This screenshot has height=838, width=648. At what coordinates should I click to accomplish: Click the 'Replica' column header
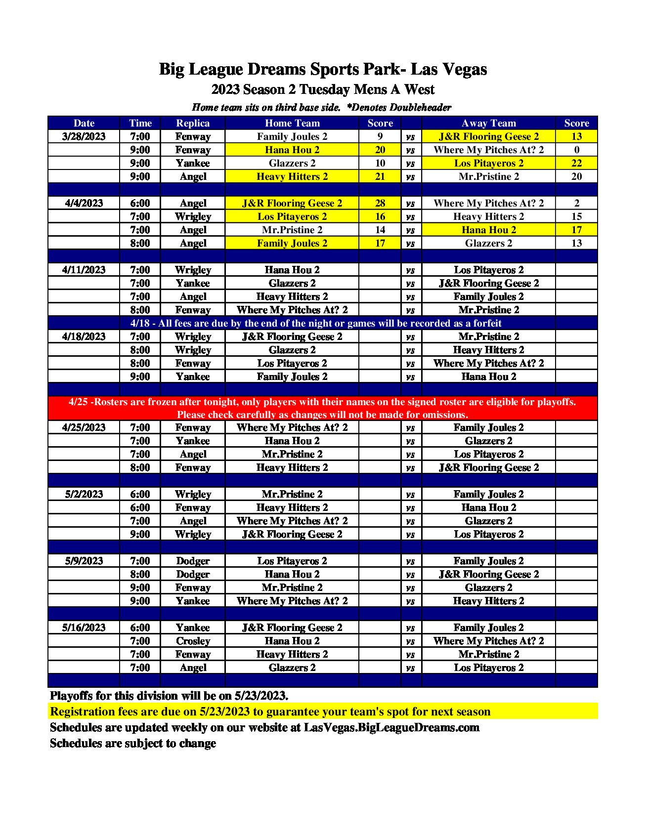pos(193,123)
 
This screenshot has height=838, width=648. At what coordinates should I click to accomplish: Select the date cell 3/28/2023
pos(84,136)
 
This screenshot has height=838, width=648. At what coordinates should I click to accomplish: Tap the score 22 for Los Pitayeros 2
pos(576,163)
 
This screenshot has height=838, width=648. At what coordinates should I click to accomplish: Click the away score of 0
pos(576,150)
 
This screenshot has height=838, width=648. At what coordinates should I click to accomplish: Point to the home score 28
pos(380,203)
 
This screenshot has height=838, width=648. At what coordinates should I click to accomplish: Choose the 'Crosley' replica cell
pos(193,641)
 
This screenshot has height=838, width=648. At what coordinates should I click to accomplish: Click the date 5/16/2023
pos(84,628)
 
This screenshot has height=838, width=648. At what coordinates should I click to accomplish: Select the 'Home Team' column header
pos(292,123)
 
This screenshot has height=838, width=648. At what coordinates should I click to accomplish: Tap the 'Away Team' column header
pos(488,123)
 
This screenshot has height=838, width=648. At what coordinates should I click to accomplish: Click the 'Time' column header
pos(140,123)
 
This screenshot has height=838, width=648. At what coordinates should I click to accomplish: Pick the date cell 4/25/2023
pos(84,427)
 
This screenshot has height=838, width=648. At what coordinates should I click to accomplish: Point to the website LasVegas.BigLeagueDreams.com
pos(391,727)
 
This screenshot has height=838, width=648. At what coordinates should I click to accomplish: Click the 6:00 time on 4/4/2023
pos(140,203)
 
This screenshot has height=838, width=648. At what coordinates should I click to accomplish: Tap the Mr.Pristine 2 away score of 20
pos(576,176)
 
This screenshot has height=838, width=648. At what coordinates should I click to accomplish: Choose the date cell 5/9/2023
pos(84,561)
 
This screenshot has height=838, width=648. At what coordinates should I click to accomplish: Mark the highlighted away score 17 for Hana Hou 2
pos(576,230)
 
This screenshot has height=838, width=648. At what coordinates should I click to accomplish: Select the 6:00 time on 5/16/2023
pos(140,628)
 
